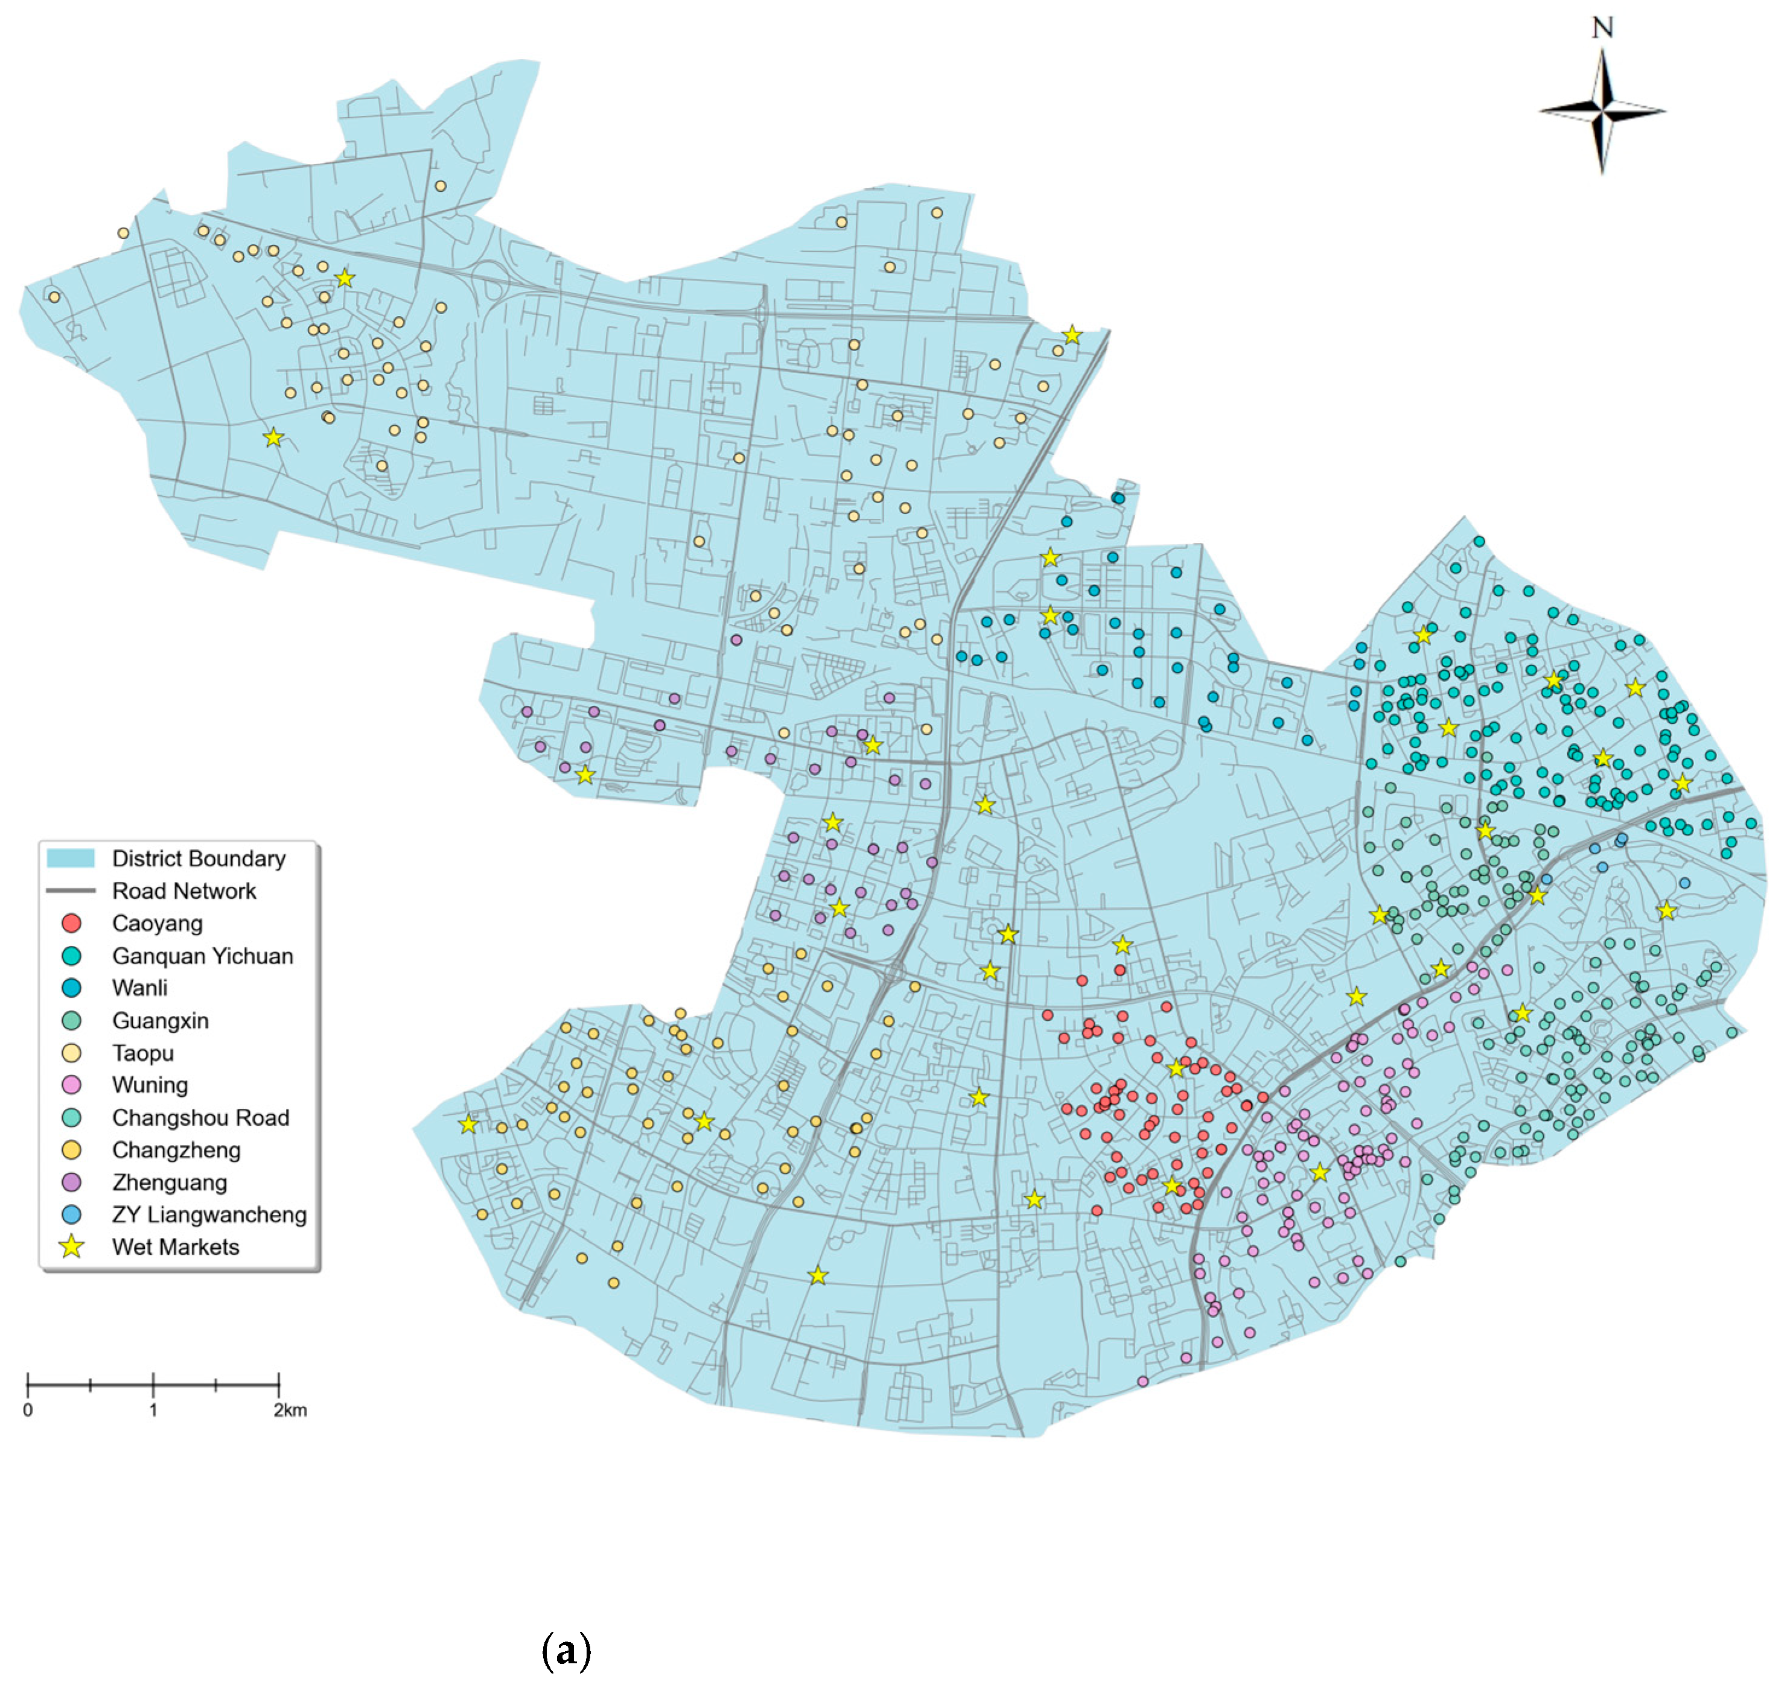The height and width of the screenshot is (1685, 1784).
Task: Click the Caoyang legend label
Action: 157,923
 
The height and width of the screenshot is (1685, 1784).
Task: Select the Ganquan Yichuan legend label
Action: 202,956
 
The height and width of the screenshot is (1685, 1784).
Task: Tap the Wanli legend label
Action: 139,988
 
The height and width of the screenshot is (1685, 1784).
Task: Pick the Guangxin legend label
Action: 160,1020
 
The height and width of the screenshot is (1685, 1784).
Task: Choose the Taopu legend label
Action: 143,1053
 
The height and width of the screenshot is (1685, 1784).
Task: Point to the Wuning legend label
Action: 150,1085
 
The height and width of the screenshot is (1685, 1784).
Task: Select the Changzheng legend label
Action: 176,1150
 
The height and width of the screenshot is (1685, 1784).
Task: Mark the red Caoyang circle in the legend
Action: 72,923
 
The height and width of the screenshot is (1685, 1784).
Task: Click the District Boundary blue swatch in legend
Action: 71,858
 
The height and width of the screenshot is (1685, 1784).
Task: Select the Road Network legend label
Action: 184,891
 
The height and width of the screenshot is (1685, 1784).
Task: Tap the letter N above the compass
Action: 1602,28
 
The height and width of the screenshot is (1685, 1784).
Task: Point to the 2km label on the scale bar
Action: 290,1410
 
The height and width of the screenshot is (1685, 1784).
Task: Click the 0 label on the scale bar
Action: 28,1410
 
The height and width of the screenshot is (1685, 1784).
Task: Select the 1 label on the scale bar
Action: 154,1410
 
